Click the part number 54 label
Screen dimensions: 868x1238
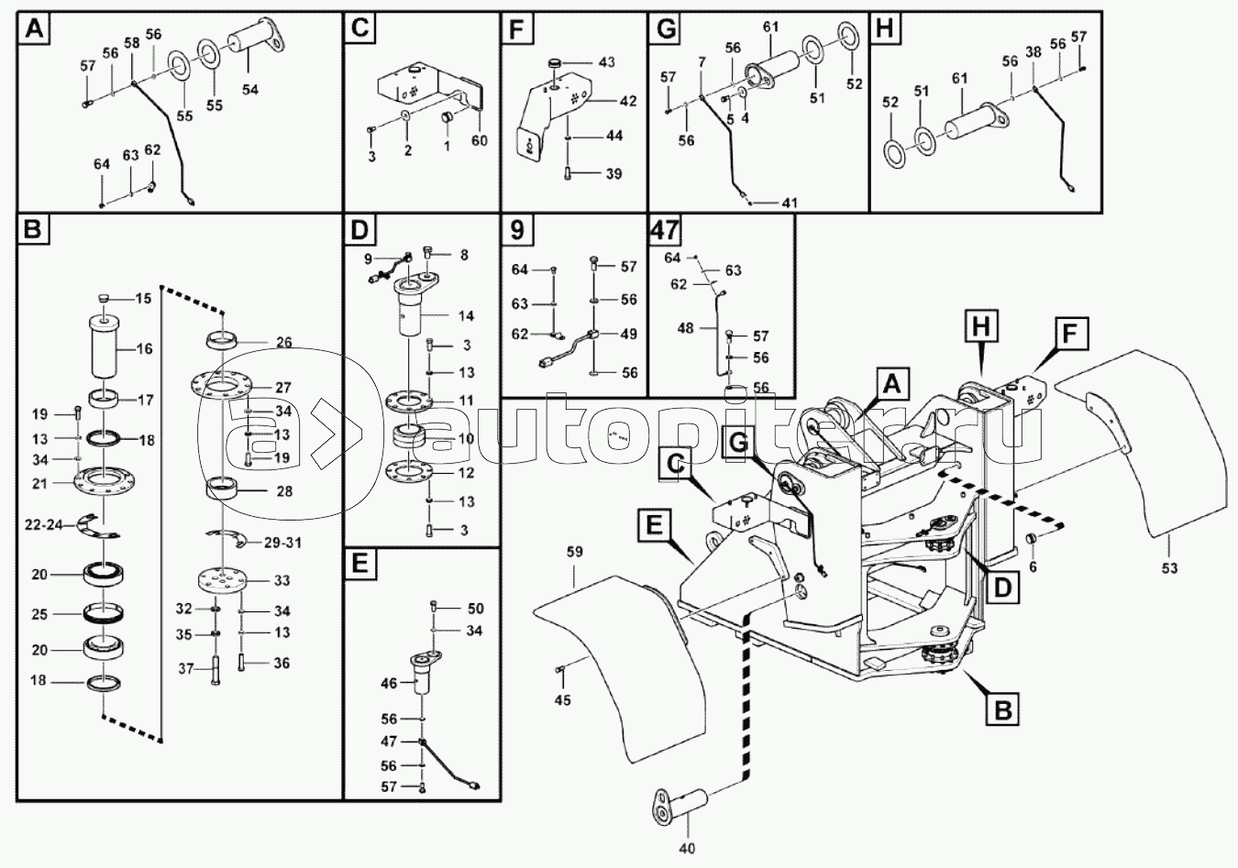click(250, 89)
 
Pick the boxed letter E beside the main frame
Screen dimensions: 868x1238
click(652, 524)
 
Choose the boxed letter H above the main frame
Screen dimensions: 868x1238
click(980, 324)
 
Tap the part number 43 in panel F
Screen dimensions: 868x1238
click(607, 61)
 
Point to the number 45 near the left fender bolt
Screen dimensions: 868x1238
click(562, 700)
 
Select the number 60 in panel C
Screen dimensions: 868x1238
click(479, 140)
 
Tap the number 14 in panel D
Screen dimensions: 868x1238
click(465, 316)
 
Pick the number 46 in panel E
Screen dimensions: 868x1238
click(390, 683)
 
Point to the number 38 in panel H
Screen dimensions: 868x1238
click(1033, 53)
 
